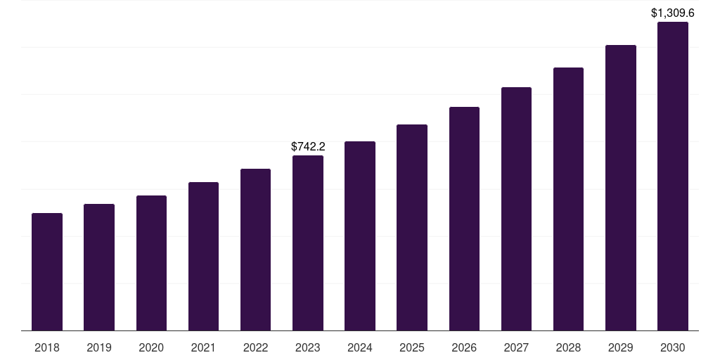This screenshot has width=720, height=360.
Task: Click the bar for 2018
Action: [47, 271]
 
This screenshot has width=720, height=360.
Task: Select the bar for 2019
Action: [99, 267]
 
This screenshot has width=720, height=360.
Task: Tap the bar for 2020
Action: [151, 263]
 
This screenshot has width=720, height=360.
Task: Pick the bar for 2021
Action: [203, 256]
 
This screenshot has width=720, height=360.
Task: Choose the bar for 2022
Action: [255, 250]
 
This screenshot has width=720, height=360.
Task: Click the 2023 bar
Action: [308, 243]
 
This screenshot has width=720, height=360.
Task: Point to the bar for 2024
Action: [360, 236]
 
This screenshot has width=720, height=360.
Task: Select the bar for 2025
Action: [412, 227]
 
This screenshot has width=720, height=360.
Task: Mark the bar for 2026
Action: [464, 219]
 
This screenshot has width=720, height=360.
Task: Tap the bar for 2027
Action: [516, 209]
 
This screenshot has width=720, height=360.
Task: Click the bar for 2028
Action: [568, 199]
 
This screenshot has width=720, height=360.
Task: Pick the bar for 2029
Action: [620, 188]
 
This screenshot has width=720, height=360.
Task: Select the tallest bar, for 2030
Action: [673, 176]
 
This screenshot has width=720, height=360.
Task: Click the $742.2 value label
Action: [308, 146]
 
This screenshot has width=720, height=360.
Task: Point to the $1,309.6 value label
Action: [673, 13]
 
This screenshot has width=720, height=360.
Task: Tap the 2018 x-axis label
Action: [47, 347]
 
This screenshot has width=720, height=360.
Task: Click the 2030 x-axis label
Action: [673, 347]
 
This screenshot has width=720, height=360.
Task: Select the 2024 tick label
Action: [360, 347]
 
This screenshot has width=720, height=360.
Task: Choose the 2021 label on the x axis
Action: [203, 347]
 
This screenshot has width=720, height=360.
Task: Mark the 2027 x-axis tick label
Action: [516, 347]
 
